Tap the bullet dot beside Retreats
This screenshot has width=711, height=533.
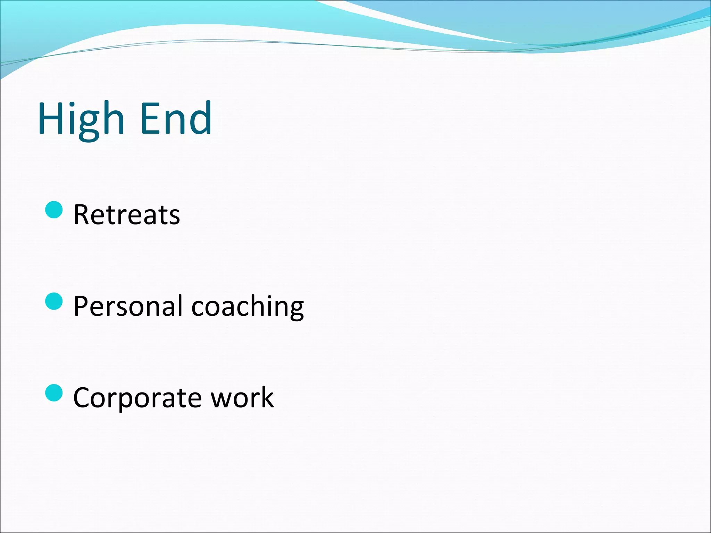click(54, 210)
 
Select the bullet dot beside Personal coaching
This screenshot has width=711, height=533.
click(54, 301)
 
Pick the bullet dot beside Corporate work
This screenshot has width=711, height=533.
click(54, 392)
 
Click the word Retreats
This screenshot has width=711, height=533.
click(127, 215)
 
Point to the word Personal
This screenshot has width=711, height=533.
click(128, 306)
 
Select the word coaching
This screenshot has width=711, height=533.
click(248, 307)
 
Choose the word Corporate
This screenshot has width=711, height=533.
click(137, 398)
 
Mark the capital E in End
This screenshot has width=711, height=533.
click(151, 119)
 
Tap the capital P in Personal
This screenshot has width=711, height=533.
click(82, 306)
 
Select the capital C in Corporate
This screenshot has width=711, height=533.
click(83, 398)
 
